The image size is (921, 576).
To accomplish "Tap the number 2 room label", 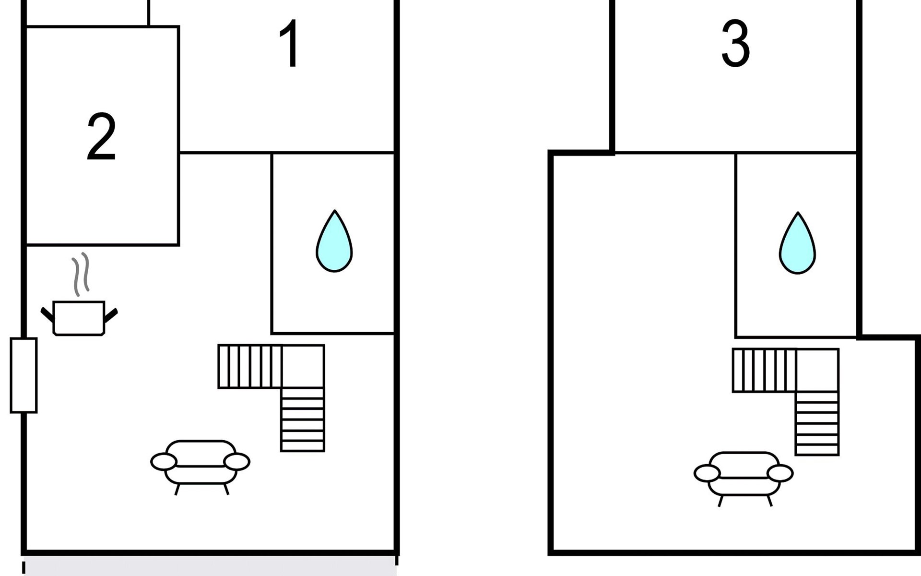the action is point(101,137).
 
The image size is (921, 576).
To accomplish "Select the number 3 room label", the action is point(735,43).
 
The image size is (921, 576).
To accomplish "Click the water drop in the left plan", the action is point(334,241).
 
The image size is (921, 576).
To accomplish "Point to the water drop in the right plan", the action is point(797,243).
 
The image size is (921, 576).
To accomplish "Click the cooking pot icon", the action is point(79,318).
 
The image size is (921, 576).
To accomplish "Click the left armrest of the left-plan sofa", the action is point(164,462).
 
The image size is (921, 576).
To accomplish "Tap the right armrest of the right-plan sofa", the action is point(780,473).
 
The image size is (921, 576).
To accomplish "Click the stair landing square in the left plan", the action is point(303,366).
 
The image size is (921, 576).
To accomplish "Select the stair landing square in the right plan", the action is point(817,370).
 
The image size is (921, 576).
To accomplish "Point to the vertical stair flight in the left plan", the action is point(303,420).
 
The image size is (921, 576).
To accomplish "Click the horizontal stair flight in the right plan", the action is point(764,370).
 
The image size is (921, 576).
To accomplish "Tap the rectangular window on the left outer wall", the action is point(24,375).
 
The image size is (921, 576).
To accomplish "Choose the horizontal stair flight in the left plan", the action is point(250,366).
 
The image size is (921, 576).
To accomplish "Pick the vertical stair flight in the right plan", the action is point(817,423).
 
